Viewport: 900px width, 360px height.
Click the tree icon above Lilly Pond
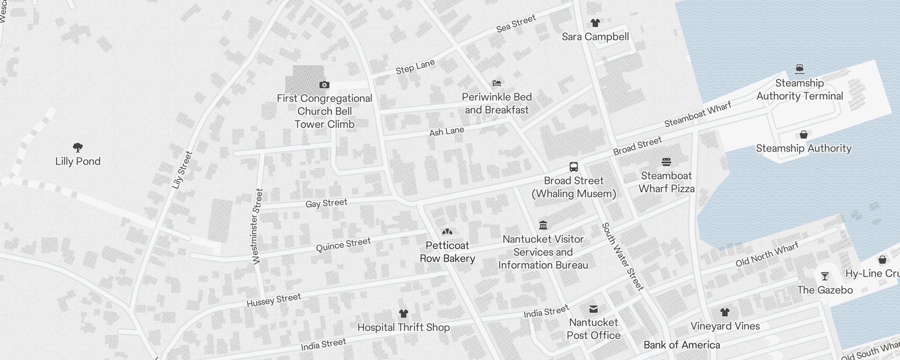pos(78,147)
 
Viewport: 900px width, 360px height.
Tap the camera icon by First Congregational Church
pos(324,85)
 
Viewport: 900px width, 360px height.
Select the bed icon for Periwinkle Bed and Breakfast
pos(497,83)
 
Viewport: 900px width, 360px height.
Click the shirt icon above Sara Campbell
pos(595,23)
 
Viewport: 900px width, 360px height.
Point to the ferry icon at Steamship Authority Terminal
pos(799,69)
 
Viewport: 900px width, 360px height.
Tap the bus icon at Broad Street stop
pos(574,167)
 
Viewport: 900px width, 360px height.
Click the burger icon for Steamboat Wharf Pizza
pos(666,162)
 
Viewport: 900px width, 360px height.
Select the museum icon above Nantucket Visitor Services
pos(543,225)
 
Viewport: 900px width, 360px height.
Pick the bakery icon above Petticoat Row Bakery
pos(447,232)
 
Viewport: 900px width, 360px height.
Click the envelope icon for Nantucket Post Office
pos(594,309)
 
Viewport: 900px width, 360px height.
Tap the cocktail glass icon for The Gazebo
pos(825,276)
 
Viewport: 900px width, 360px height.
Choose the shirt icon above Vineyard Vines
pos(724,312)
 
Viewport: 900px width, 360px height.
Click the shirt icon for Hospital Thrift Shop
pos(403,314)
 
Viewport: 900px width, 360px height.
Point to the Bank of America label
pos(682,345)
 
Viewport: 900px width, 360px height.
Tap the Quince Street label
pos(343,245)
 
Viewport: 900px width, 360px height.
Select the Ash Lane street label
pos(446,131)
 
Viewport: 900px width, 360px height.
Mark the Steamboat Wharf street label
pos(697,114)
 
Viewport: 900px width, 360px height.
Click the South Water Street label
pos(623,256)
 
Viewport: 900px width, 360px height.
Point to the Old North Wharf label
pos(767,254)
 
